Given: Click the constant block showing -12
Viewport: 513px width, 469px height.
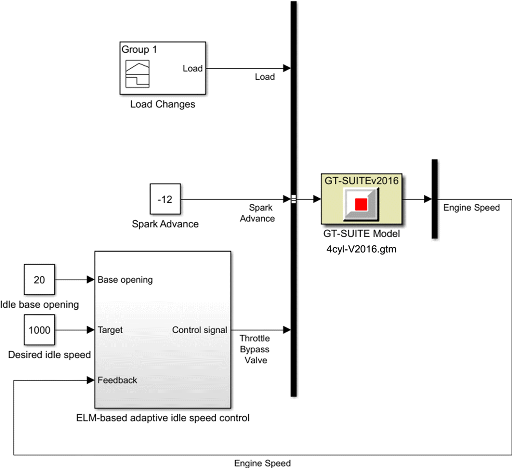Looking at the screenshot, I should [x=165, y=199].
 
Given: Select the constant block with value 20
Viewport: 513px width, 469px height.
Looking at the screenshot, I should [x=39, y=279].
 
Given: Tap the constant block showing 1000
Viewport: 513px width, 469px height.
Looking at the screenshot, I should [x=39, y=330].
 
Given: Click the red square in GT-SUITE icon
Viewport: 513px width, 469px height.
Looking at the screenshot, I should [x=361, y=204].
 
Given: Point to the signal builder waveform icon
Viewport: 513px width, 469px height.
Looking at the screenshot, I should [x=137, y=74].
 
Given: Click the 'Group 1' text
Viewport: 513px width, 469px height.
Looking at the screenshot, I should [x=139, y=50].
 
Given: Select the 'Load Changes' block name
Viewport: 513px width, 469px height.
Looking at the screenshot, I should [x=162, y=104].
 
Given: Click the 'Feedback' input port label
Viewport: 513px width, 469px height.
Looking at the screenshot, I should [x=117, y=380].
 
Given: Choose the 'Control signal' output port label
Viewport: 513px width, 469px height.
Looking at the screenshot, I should [x=199, y=330].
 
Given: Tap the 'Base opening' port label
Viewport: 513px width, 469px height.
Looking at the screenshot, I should [x=125, y=280].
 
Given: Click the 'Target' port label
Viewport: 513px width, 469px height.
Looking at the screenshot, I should [x=110, y=330].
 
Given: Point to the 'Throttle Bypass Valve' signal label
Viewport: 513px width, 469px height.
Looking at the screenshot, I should [x=255, y=349].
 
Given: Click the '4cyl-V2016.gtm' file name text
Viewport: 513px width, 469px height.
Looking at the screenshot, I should [x=361, y=249].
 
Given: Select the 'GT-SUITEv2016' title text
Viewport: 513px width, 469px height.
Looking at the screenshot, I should [x=361, y=180].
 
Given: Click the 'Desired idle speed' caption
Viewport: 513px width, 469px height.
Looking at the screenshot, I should [x=49, y=355].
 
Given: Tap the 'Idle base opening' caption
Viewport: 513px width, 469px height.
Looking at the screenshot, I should [x=39, y=305].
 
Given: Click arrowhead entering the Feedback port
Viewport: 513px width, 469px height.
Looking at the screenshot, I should [x=91, y=380].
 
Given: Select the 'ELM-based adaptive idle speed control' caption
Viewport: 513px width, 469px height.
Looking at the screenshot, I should [x=163, y=418].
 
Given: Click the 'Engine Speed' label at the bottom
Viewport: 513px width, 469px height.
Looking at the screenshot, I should [x=262, y=463].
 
